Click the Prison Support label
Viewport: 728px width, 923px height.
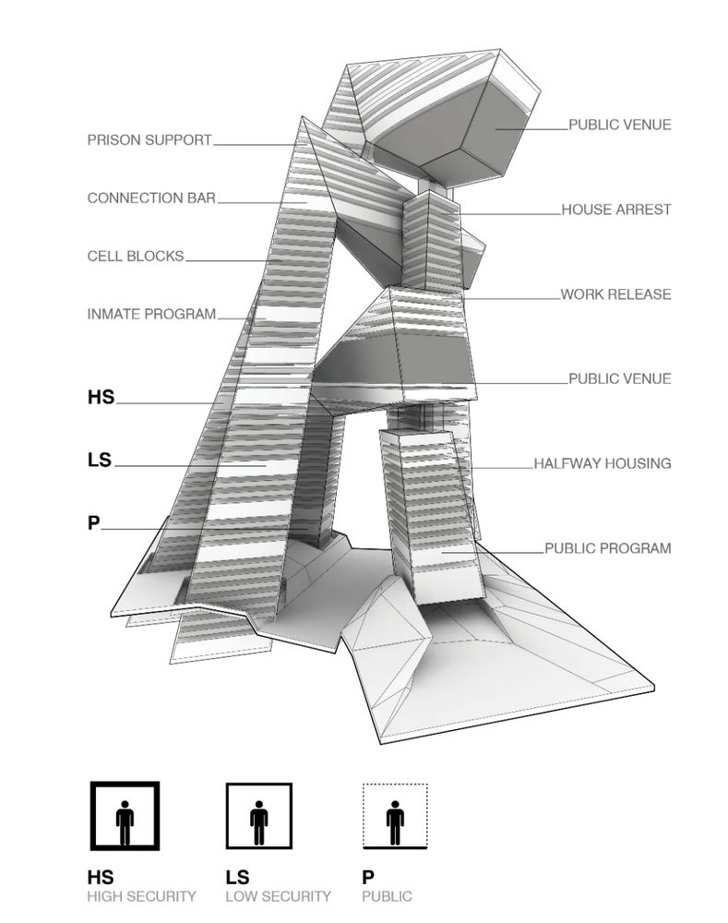pyautogui.click(x=149, y=140)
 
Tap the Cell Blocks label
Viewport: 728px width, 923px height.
pyautogui.click(x=136, y=256)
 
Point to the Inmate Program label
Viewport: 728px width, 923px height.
pyautogui.click(x=151, y=314)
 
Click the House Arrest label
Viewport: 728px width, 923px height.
pyautogui.click(x=616, y=210)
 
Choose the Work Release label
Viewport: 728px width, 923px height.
pyautogui.click(x=616, y=294)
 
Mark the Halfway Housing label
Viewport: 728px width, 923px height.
pyautogui.click(x=603, y=463)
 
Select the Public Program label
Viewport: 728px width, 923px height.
pyautogui.click(x=608, y=547)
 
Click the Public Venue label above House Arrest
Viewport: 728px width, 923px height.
pyautogui.click(x=620, y=125)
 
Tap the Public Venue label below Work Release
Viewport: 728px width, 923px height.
pyautogui.click(x=620, y=378)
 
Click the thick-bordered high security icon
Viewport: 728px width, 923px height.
pyautogui.click(x=125, y=816)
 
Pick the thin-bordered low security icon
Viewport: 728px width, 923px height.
pyautogui.click(x=260, y=816)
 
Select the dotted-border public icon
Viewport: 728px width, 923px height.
pyautogui.click(x=395, y=816)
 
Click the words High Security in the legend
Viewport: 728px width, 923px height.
pyautogui.click(x=141, y=895)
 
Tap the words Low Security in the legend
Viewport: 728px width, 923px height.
pyautogui.click(x=278, y=895)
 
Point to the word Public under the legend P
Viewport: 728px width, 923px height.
pyautogui.click(x=388, y=895)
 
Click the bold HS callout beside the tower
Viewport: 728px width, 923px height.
pyautogui.click(x=101, y=397)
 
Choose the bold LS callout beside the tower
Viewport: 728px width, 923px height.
pyautogui.click(x=100, y=459)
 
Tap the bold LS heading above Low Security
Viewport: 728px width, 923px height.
pyautogui.click(x=237, y=877)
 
